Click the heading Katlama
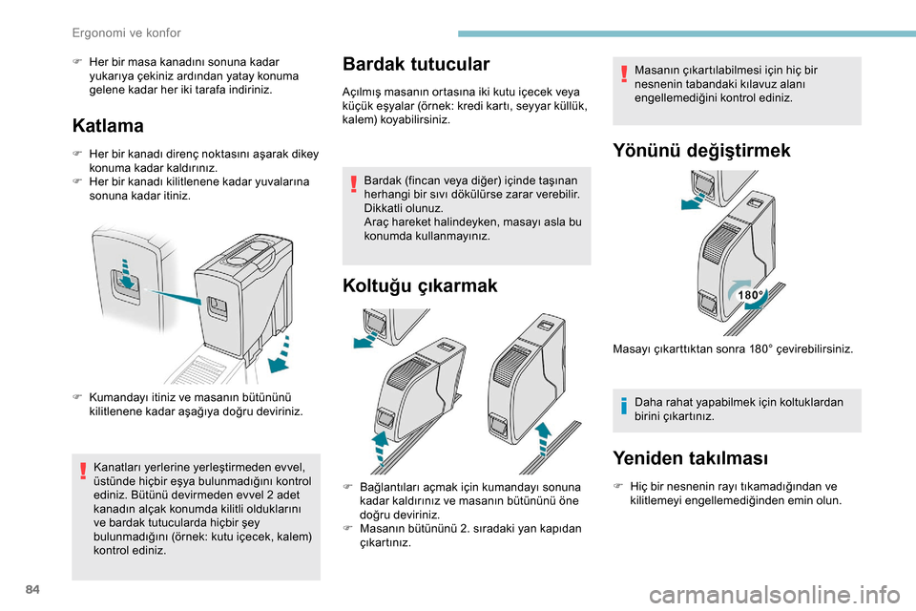point(108,125)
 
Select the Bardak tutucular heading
point(416,64)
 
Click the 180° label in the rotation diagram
point(750,296)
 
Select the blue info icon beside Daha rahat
point(623,410)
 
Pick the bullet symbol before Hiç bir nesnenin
point(619,485)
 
